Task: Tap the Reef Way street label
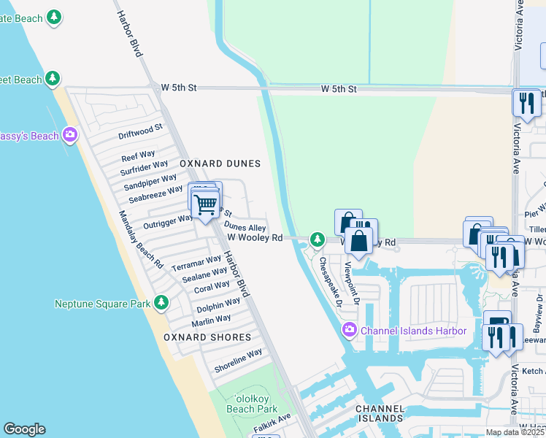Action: click(138, 156)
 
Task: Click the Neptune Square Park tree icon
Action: click(161, 302)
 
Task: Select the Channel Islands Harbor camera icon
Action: click(350, 331)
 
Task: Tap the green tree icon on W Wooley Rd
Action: click(317, 239)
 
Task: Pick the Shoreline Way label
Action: click(238, 361)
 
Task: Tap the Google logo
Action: click(24, 429)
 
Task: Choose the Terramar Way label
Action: click(196, 264)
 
